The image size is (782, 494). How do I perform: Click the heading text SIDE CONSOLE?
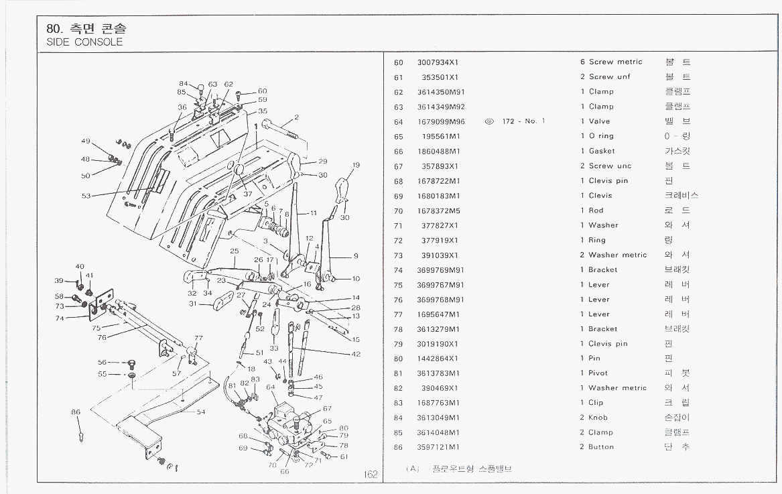click(84, 42)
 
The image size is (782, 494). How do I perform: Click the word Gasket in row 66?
click(601, 151)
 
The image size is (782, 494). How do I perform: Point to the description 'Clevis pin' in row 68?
click(608, 181)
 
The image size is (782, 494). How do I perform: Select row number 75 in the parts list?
click(399, 285)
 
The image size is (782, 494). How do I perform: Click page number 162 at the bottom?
click(371, 475)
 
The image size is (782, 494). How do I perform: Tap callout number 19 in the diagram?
click(356, 165)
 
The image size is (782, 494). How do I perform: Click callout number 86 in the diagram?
click(76, 412)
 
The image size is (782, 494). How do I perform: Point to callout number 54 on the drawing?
click(200, 412)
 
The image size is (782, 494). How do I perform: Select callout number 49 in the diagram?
click(85, 141)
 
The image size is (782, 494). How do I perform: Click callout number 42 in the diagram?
click(356, 354)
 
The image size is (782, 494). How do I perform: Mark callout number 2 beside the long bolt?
click(296, 117)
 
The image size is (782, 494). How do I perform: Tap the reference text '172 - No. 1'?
click(523, 121)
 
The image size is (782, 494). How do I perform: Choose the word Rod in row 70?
click(596, 210)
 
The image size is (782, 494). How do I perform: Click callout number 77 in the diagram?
click(198, 338)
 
